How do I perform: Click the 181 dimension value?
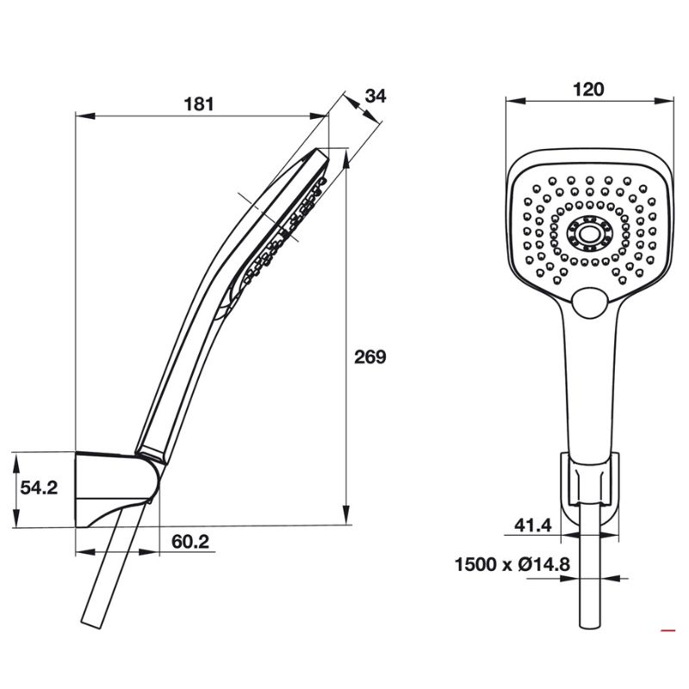click(198, 104)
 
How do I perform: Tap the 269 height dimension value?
click(370, 357)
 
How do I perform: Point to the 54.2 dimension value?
click(39, 487)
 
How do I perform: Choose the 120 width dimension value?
click(589, 89)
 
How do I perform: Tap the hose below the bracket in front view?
click(590, 586)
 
